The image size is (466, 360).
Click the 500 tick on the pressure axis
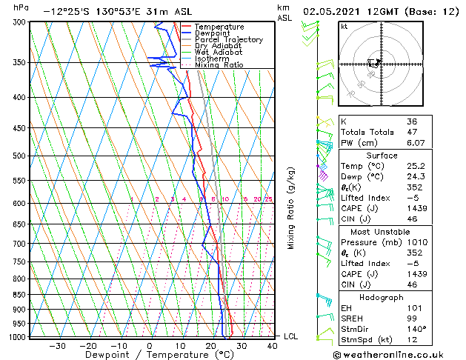(x=19, y=156)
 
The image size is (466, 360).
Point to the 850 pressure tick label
(x=19, y=294)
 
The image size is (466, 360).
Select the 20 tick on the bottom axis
(x=210, y=345)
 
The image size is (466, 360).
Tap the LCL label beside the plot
(x=291, y=336)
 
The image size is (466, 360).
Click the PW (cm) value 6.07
(x=414, y=143)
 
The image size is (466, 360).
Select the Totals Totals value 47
(x=411, y=132)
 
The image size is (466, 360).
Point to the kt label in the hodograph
(x=344, y=27)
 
